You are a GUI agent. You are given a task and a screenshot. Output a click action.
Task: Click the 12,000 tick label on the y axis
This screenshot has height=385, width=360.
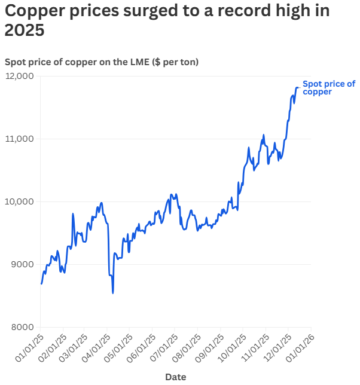(x=20, y=76)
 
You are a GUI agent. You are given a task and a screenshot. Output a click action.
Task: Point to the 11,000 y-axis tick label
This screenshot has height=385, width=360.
(x=20, y=139)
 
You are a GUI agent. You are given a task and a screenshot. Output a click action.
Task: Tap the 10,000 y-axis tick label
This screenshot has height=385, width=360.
(x=20, y=201)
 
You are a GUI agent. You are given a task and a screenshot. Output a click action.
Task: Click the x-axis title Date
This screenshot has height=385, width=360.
(x=175, y=377)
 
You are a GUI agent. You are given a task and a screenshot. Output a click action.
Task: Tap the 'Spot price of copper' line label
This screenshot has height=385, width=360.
(x=328, y=88)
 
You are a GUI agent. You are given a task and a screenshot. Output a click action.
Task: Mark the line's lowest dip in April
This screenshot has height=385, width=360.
(x=113, y=293)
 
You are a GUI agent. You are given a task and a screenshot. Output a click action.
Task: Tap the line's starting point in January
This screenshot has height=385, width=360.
(x=41, y=284)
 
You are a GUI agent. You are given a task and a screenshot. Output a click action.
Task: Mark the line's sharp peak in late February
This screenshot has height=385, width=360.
(x=73, y=213)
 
